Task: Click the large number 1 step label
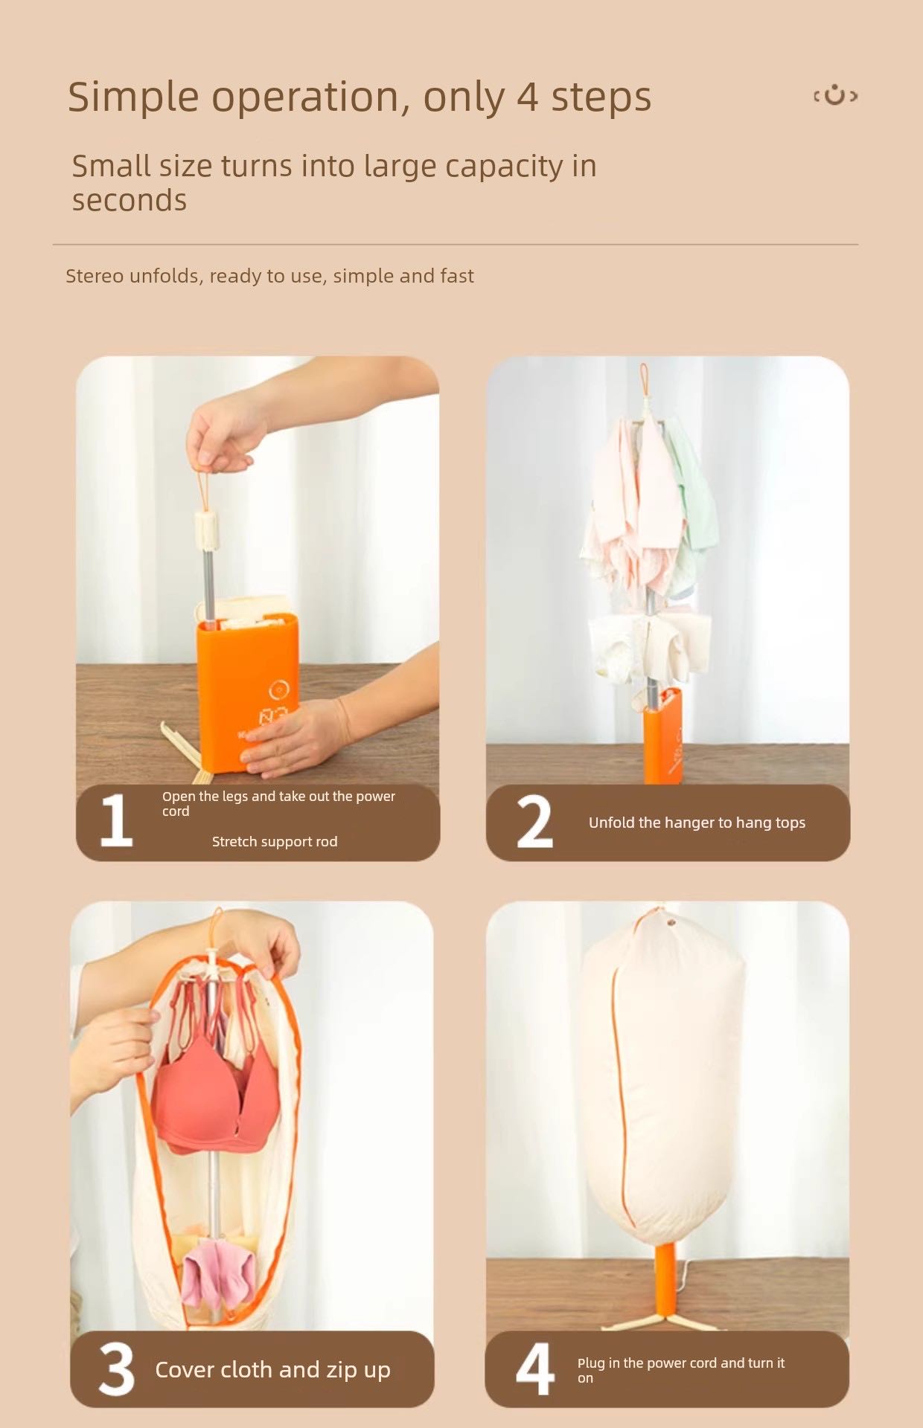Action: click(x=117, y=820)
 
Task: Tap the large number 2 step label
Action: click(x=534, y=822)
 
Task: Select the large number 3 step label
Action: click(x=117, y=1368)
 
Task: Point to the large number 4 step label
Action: click(x=534, y=1368)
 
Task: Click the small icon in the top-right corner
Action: click(x=835, y=96)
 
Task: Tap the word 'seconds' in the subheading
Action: click(x=130, y=201)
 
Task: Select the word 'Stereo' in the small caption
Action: click(x=95, y=276)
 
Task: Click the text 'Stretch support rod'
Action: click(x=274, y=841)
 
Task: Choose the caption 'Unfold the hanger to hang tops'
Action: click(x=697, y=823)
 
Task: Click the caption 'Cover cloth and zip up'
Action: click(x=272, y=1369)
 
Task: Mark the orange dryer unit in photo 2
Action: click(x=663, y=736)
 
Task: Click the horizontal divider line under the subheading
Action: click(x=456, y=244)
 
